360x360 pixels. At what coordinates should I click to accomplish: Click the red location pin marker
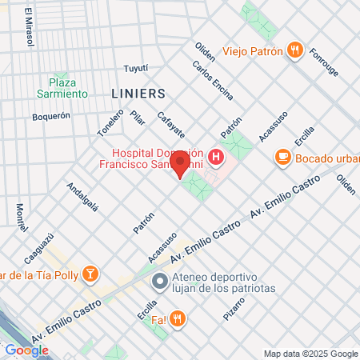(x=180, y=166)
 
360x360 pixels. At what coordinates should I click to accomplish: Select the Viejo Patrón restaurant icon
(x=295, y=51)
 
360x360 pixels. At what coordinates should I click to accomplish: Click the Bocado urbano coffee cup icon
(x=282, y=158)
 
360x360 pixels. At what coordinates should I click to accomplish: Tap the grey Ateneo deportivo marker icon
(x=160, y=281)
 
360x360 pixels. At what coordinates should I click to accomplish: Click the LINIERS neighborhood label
(x=138, y=93)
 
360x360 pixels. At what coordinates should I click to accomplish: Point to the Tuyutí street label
(x=137, y=69)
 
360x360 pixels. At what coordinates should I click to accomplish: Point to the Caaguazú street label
(x=38, y=249)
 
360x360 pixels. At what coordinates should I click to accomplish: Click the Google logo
(x=26, y=350)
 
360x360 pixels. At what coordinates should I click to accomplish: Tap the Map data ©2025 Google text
(x=311, y=354)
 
